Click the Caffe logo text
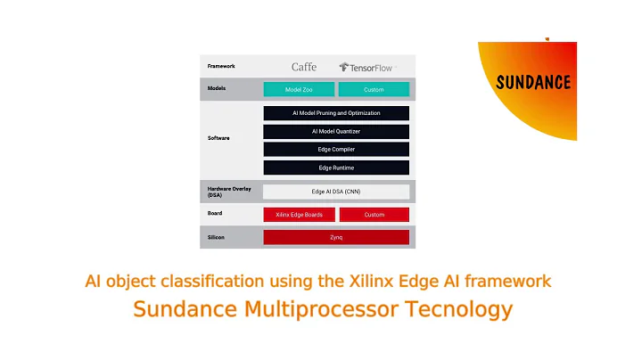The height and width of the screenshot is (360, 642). click(304, 67)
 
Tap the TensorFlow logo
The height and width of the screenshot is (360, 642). click(366, 67)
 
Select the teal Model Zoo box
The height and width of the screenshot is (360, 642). click(299, 89)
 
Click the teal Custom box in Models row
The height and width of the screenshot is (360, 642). click(374, 89)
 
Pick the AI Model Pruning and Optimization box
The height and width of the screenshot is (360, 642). click(336, 113)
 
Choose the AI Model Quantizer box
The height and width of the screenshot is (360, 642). click(336, 131)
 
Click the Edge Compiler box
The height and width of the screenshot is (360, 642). click(336, 149)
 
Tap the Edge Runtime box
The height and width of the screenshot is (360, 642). click(336, 168)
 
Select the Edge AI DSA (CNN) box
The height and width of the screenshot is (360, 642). click(336, 192)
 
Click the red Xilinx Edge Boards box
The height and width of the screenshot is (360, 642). click(299, 215)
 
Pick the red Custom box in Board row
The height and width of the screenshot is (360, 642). click(374, 215)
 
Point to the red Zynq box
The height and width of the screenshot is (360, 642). click(336, 237)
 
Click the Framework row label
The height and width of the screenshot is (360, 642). click(221, 66)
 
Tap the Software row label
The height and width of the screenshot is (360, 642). click(218, 138)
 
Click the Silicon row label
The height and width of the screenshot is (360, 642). click(217, 237)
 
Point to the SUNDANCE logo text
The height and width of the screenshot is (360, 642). click(533, 83)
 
